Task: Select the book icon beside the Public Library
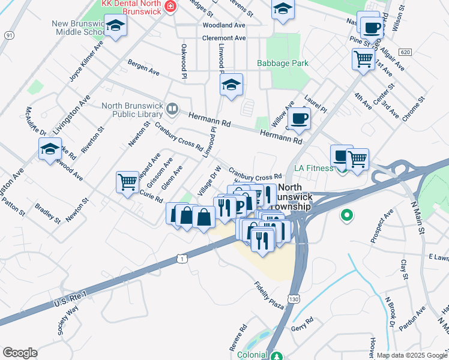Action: coord(172,109)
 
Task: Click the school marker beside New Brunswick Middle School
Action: coord(116,26)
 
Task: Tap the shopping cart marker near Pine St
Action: coord(363,59)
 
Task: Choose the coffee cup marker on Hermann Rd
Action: coord(298,118)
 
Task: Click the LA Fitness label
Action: coord(313,168)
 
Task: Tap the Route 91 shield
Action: coord(8,36)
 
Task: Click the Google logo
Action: coord(20,353)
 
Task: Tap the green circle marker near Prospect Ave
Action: coord(346,214)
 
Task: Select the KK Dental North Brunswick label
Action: coord(131,7)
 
